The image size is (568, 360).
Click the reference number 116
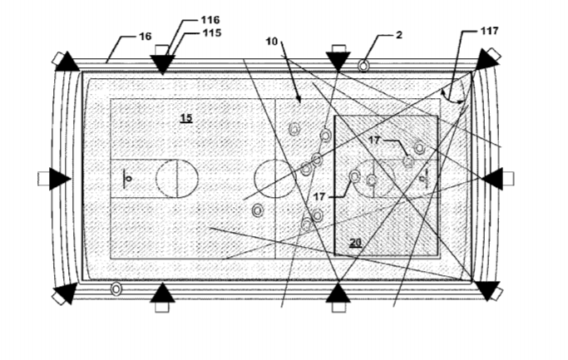pos(210,20)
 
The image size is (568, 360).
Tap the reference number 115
pos(211,33)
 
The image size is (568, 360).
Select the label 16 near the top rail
pos(146,37)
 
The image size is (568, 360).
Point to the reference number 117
pos(489,31)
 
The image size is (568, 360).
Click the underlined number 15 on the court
pos(186,118)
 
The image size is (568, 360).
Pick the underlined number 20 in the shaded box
pos(356,242)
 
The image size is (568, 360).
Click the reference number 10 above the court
pos(272,42)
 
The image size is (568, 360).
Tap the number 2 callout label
pos(399,35)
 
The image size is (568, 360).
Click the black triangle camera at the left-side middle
pos(59,179)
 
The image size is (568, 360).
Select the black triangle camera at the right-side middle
pos(492,179)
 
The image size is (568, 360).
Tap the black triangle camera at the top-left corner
pos(67,62)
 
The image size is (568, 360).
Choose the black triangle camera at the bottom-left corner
pos(66,293)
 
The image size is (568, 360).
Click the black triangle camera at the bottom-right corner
pos(487,290)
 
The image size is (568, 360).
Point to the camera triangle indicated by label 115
pos(162,65)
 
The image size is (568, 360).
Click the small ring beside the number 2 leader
pos(363,66)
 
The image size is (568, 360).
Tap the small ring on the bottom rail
pos(116,289)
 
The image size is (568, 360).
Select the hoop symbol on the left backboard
pos(129,179)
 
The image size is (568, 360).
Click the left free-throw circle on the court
pos(177,179)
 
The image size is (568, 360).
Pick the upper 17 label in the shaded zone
pos(374,140)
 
